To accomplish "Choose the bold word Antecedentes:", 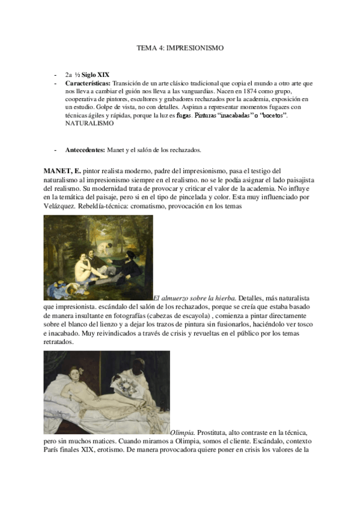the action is tap(85, 150).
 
